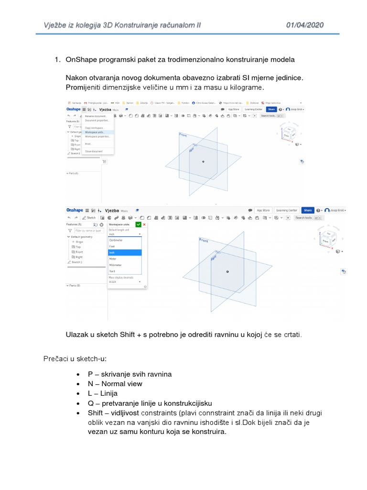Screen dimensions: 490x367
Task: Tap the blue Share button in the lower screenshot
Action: pos(308,210)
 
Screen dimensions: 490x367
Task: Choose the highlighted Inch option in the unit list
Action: pos(125,253)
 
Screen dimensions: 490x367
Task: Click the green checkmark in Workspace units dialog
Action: pos(138,224)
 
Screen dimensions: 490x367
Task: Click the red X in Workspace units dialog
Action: pos(144,224)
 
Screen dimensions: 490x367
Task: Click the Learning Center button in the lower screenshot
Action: pos(287,210)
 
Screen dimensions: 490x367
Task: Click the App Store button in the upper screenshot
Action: pos(232,110)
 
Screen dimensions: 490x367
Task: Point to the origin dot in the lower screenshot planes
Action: pos(227,271)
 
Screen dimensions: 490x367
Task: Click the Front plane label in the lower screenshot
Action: pos(204,240)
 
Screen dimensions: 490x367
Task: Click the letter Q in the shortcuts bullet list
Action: pos(90,403)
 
